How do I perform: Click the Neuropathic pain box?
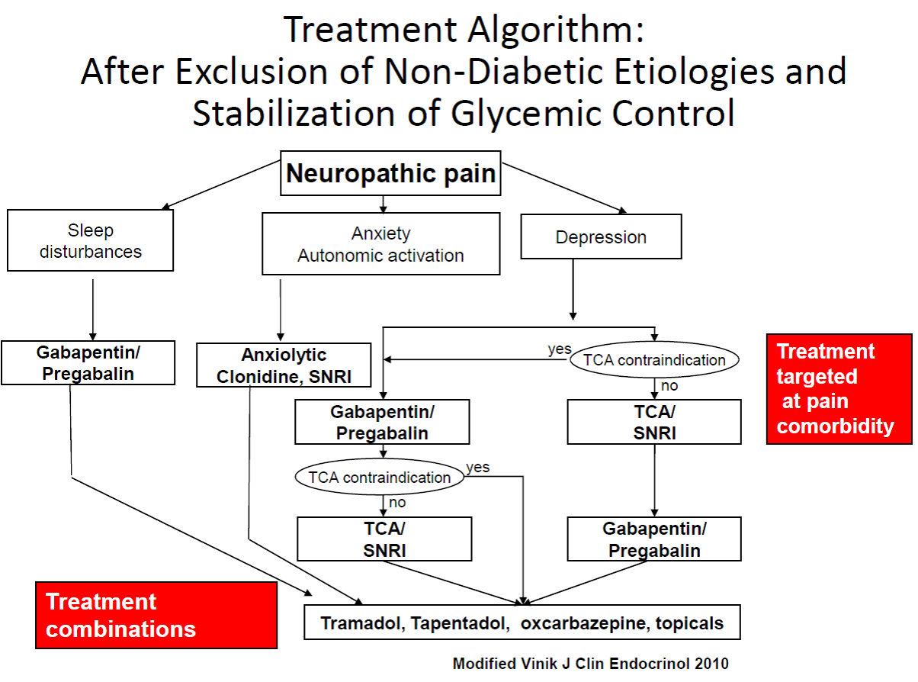[x=390, y=174]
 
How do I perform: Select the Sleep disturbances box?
[x=91, y=240]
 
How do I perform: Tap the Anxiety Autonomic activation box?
[x=380, y=244]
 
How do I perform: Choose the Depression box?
[x=601, y=237]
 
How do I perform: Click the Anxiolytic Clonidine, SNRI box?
[x=284, y=365]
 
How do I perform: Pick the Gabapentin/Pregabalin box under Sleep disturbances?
[x=88, y=362]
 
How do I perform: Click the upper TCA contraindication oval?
[x=655, y=359]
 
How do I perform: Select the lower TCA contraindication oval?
[x=380, y=478]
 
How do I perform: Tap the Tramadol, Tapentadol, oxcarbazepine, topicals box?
[x=522, y=622]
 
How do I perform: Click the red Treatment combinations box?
[x=156, y=615]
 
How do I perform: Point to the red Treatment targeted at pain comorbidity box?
[x=839, y=388]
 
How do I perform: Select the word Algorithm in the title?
[x=549, y=31]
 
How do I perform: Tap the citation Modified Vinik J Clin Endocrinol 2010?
[x=590, y=663]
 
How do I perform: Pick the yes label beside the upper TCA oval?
[x=560, y=349]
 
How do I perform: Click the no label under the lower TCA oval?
[x=397, y=502]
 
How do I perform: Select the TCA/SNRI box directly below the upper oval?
[x=654, y=422]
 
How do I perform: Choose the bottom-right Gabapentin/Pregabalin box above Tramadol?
[x=654, y=539]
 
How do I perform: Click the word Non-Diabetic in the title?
[x=477, y=72]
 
